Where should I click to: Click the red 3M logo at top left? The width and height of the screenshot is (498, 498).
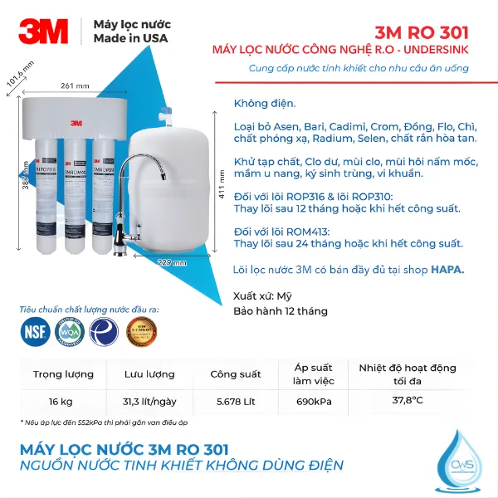point(43,32)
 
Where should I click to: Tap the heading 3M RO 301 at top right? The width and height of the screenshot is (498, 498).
point(422,33)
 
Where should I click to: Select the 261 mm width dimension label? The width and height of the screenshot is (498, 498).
point(75,86)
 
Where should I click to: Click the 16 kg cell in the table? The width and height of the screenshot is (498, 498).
point(60,402)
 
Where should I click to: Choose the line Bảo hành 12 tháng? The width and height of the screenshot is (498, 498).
point(280,311)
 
